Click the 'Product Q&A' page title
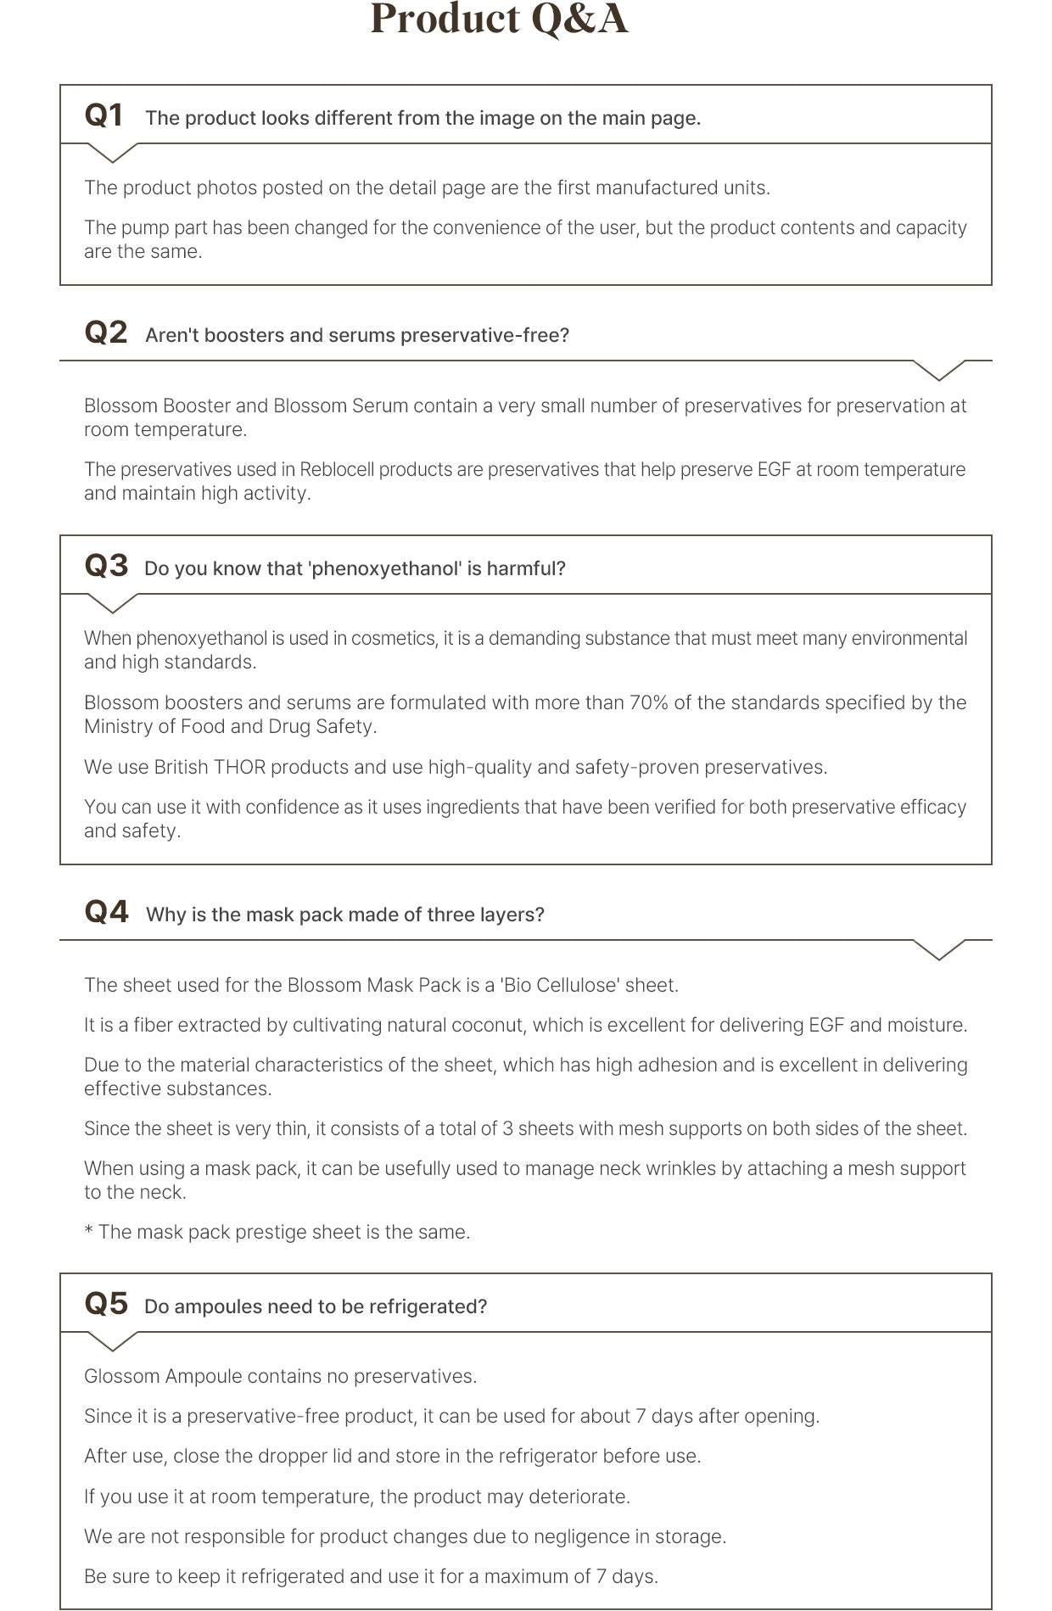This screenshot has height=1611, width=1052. (499, 20)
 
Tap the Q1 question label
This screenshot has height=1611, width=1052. (104, 115)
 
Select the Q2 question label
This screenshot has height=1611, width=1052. (106, 333)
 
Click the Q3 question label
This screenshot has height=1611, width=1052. (106, 566)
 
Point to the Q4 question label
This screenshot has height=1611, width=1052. (106, 912)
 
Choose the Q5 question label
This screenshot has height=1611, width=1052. (106, 1304)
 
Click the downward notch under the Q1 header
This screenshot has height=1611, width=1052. (112, 153)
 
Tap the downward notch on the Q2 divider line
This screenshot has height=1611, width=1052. (939, 370)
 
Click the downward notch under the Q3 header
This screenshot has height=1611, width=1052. (112, 603)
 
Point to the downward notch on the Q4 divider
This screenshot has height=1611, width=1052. (939, 949)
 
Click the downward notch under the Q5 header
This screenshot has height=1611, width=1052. (112, 1341)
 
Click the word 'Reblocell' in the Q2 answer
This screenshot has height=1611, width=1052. (337, 469)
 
